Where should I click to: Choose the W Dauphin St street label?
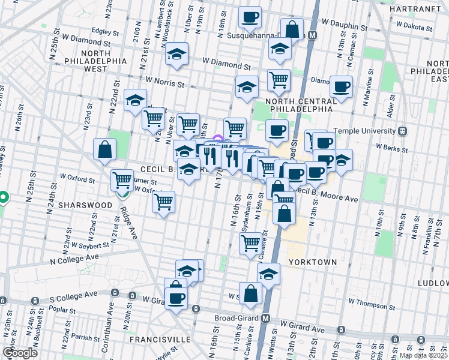click(343, 27)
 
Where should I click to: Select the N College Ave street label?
click(74, 259)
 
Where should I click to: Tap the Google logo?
click(20, 352)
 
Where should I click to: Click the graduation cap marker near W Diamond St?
click(177, 54)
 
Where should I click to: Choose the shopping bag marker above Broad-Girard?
click(251, 293)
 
